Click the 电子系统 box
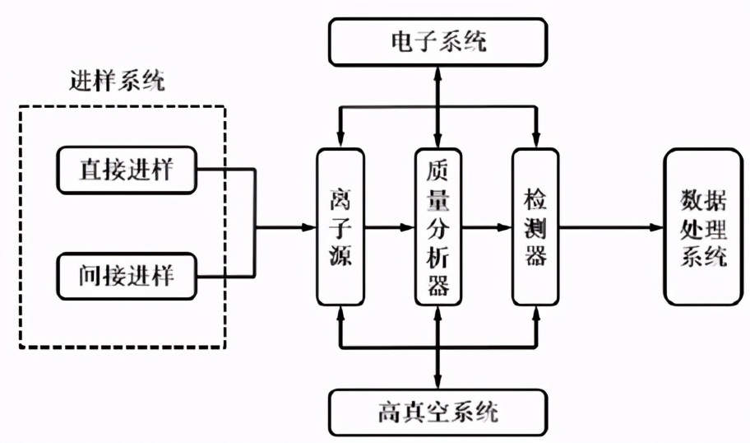click(x=437, y=40)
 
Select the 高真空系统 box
click(x=437, y=410)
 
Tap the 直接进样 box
click(x=127, y=169)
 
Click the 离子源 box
click(x=340, y=226)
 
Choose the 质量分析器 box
click(x=437, y=226)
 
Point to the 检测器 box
click(x=535, y=226)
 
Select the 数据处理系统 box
click(x=703, y=226)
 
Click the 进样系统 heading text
click(x=118, y=82)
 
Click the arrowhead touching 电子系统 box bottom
click(x=437, y=71)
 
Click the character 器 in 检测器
click(x=535, y=257)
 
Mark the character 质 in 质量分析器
click(x=437, y=170)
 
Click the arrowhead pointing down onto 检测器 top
click(x=535, y=141)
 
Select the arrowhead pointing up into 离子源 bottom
click(x=340, y=310)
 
